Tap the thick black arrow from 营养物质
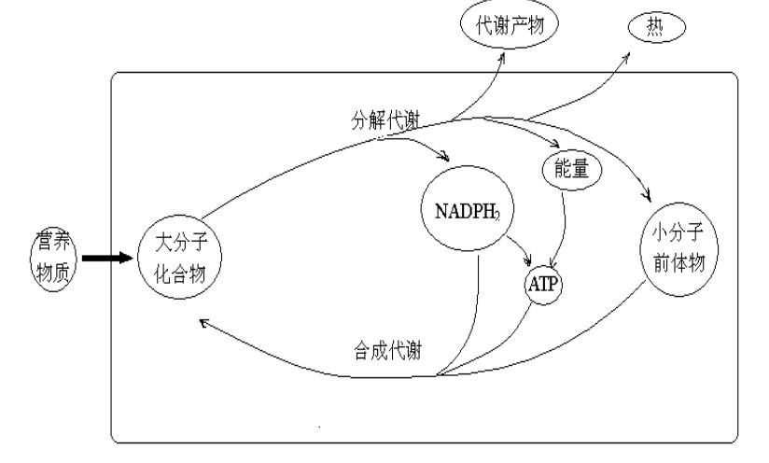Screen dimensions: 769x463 (107, 258)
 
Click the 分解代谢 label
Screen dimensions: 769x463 (385, 120)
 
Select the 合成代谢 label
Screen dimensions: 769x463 (387, 351)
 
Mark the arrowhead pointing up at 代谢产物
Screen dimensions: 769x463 (502, 59)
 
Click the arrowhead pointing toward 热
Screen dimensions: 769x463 (625, 59)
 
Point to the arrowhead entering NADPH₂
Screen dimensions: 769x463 (444, 157)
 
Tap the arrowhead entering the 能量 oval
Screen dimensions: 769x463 (554, 143)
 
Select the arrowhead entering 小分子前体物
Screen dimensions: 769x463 (648, 196)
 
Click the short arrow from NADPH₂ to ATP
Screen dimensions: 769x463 (521, 249)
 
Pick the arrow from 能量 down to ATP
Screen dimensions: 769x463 (562, 230)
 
